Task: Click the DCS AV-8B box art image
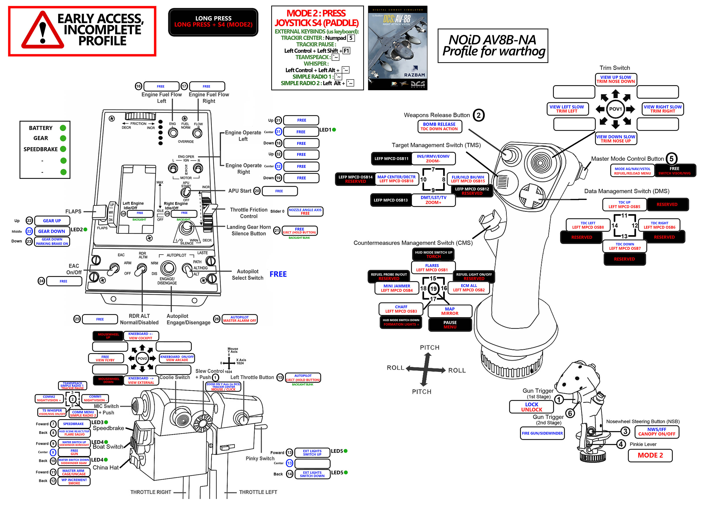397,48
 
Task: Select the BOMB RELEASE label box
439,126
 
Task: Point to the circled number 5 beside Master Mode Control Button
671,159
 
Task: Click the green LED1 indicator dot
334,130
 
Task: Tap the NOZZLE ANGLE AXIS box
305,212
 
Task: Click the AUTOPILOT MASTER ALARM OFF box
239,319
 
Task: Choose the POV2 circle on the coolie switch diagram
142,358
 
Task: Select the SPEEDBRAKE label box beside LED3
73,424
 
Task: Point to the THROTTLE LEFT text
258,492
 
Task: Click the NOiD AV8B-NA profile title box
493,46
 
